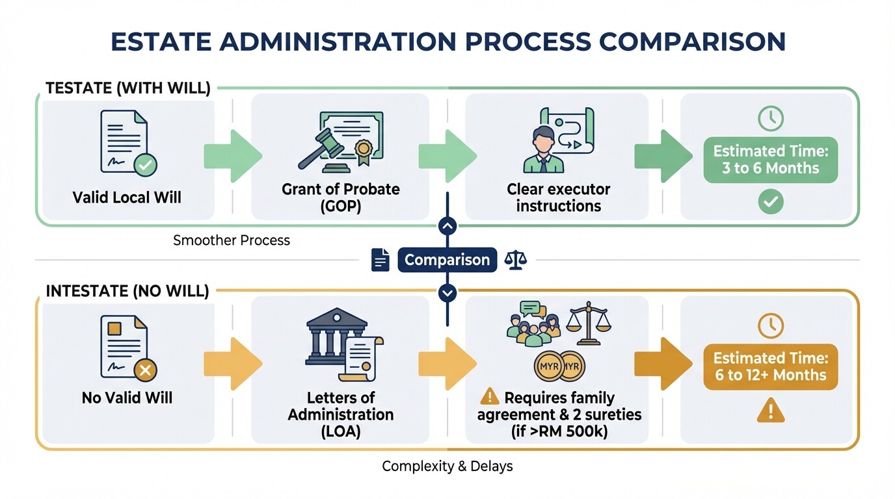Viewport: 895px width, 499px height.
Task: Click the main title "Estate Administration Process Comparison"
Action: [x=447, y=41]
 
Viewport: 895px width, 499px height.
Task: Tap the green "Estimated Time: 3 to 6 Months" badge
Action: [x=770, y=160]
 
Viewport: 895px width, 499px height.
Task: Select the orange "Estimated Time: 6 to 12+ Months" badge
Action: [x=770, y=366]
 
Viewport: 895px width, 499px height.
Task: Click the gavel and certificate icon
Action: [x=340, y=140]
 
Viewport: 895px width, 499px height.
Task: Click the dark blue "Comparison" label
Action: [x=447, y=260]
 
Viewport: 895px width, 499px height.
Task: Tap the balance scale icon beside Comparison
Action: [x=516, y=260]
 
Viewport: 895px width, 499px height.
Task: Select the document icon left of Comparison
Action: [x=381, y=260]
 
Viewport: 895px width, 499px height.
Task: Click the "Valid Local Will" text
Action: [x=127, y=197]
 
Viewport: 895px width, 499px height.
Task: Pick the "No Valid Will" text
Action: [x=127, y=398]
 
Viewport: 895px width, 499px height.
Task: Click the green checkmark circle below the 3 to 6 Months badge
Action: [x=770, y=203]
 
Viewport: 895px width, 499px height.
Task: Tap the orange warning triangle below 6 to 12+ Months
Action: [x=770, y=410]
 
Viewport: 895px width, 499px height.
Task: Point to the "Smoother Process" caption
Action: [x=232, y=240]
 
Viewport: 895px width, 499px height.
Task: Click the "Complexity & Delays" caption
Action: [x=447, y=466]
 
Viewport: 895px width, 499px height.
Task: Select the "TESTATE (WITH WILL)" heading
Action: [x=127, y=88]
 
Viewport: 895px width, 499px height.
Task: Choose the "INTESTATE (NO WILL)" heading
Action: [x=127, y=290]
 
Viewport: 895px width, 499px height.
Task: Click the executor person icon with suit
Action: [x=543, y=149]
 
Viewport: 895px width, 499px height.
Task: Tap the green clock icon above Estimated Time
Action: [x=771, y=118]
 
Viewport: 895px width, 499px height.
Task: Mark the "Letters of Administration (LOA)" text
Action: [x=340, y=415]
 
